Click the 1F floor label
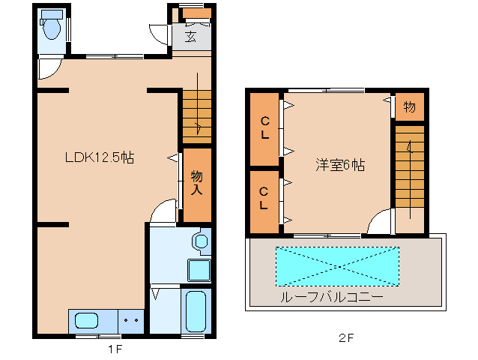(x=115, y=348)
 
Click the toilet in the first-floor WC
(x=52, y=28)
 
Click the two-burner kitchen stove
(x=131, y=320)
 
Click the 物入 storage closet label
(x=196, y=182)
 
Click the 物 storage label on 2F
(x=410, y=106)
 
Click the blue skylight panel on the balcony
(x=337, y=265)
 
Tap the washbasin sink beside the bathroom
(x=200, y=241)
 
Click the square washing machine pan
(x=198, y=269)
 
